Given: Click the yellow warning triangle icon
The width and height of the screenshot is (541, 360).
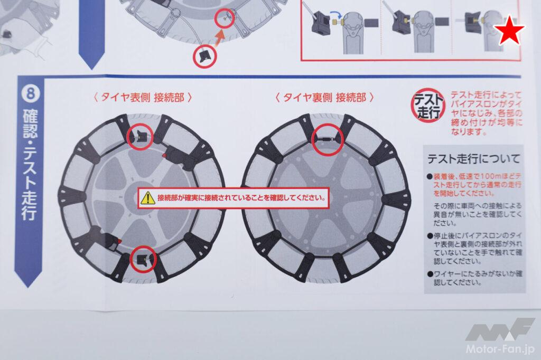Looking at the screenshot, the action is coord(148,198).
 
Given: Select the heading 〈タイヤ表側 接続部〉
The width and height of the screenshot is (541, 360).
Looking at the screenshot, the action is coord(143,98).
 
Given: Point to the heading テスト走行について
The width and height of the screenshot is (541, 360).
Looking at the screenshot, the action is coord(473,158).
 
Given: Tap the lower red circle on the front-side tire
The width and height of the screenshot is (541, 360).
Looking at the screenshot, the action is coord(143,259).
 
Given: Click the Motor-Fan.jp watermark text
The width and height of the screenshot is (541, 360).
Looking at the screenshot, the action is coord(500,348).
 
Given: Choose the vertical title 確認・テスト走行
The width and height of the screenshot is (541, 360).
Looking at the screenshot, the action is coord(30,164).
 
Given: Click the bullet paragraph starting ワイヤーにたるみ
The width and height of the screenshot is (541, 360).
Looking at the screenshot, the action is coord(475,278).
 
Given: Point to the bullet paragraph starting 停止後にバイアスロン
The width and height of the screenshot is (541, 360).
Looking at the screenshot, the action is coord(475,248).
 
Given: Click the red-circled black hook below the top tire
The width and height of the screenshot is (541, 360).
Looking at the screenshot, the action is coord(204,56).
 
